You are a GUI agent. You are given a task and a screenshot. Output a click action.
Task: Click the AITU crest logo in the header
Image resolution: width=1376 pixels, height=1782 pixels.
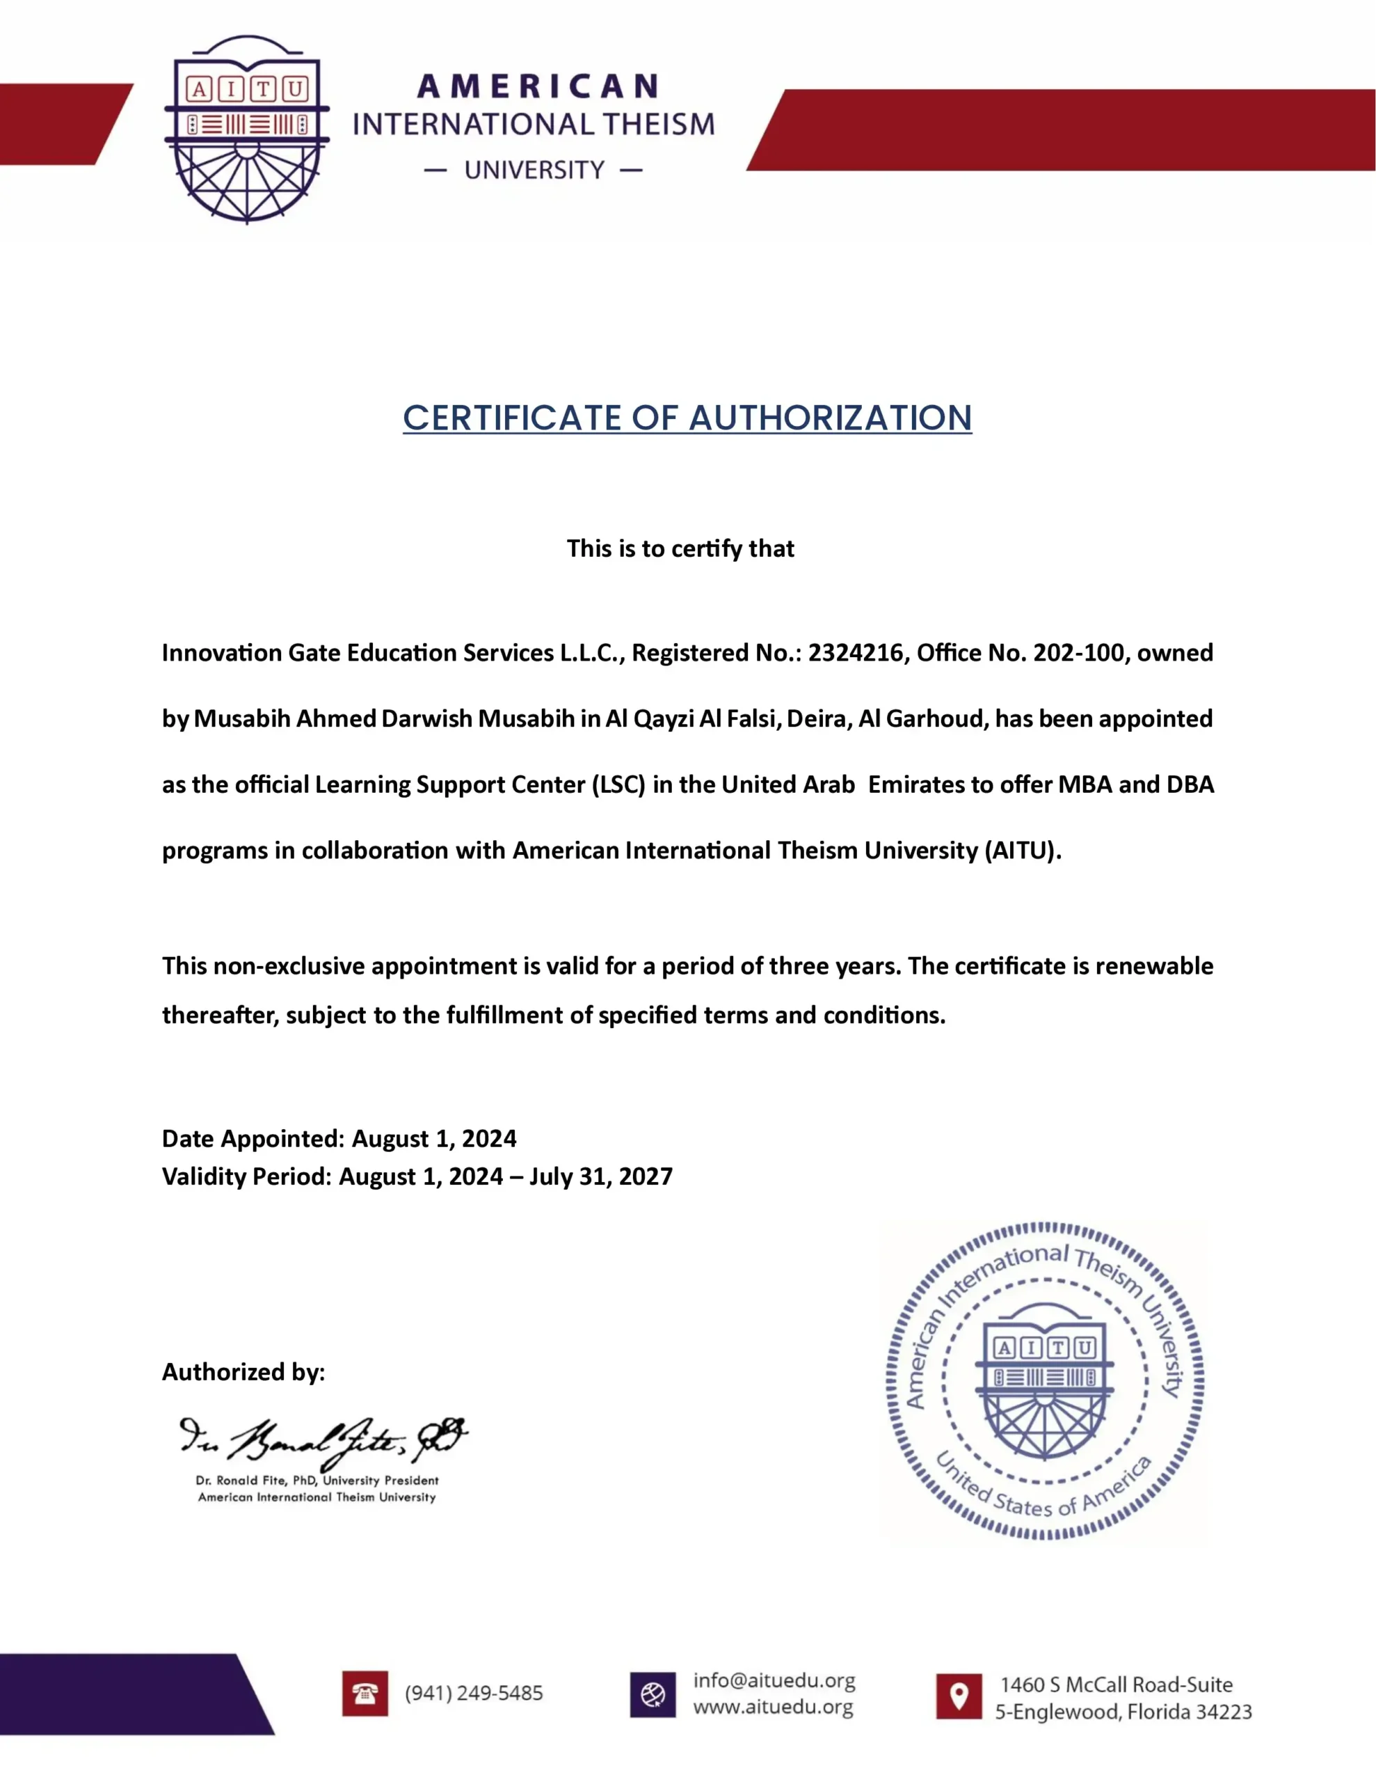click(x=247, y=129)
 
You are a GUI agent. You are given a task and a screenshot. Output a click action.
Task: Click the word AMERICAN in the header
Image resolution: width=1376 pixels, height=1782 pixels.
click(x=538, y=86)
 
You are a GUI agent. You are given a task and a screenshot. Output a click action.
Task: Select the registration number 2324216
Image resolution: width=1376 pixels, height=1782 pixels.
click(x=856, y=653)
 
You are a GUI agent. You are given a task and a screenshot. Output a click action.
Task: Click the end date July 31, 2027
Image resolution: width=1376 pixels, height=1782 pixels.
click(x=601, y=1176)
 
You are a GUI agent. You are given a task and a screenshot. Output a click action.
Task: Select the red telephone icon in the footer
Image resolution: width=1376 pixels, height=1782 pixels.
click(x=365, y=1694)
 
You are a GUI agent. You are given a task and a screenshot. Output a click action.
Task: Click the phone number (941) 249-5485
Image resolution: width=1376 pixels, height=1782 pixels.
click(x=474, y=1693)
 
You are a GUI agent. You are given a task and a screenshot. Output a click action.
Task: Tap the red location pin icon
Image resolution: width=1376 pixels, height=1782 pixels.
click(x=959, y=1696)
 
